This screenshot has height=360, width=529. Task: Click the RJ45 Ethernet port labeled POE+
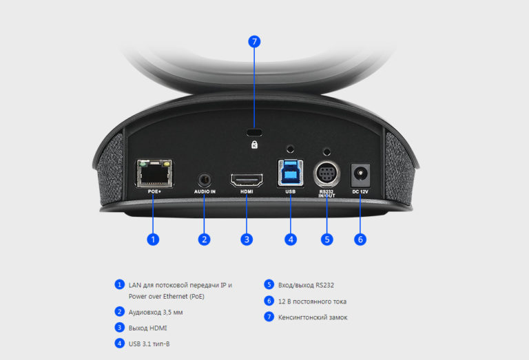(154, 173)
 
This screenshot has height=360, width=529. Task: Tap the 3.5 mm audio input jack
(205, 180)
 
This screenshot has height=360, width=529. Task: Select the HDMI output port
(247, 180)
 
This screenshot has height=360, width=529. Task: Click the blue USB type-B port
(291, 173)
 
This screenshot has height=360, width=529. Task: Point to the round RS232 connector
(326, 174)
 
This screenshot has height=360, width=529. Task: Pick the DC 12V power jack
(360, 176)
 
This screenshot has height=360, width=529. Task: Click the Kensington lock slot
(254, 131)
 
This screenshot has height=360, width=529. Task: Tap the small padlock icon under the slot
(254, 145)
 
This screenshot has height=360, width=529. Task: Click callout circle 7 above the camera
(254, 42)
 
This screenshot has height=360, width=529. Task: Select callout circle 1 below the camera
(153, 240)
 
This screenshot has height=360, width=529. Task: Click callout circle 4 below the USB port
(291, 240)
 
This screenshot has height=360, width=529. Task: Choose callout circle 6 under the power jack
(360, 240)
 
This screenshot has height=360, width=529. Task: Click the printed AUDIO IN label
(205, 191)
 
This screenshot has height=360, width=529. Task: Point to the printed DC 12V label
(360, 191)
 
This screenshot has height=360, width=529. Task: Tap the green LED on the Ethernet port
(143, 164)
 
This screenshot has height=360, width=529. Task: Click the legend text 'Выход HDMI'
(148, 328)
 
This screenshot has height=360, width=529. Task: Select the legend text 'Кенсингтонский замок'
(313, 317)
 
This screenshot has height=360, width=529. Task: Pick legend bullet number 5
(269, 284)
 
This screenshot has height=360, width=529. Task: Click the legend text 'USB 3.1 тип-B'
(149, 343)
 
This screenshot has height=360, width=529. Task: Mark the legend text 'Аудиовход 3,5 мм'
(156, 312)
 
